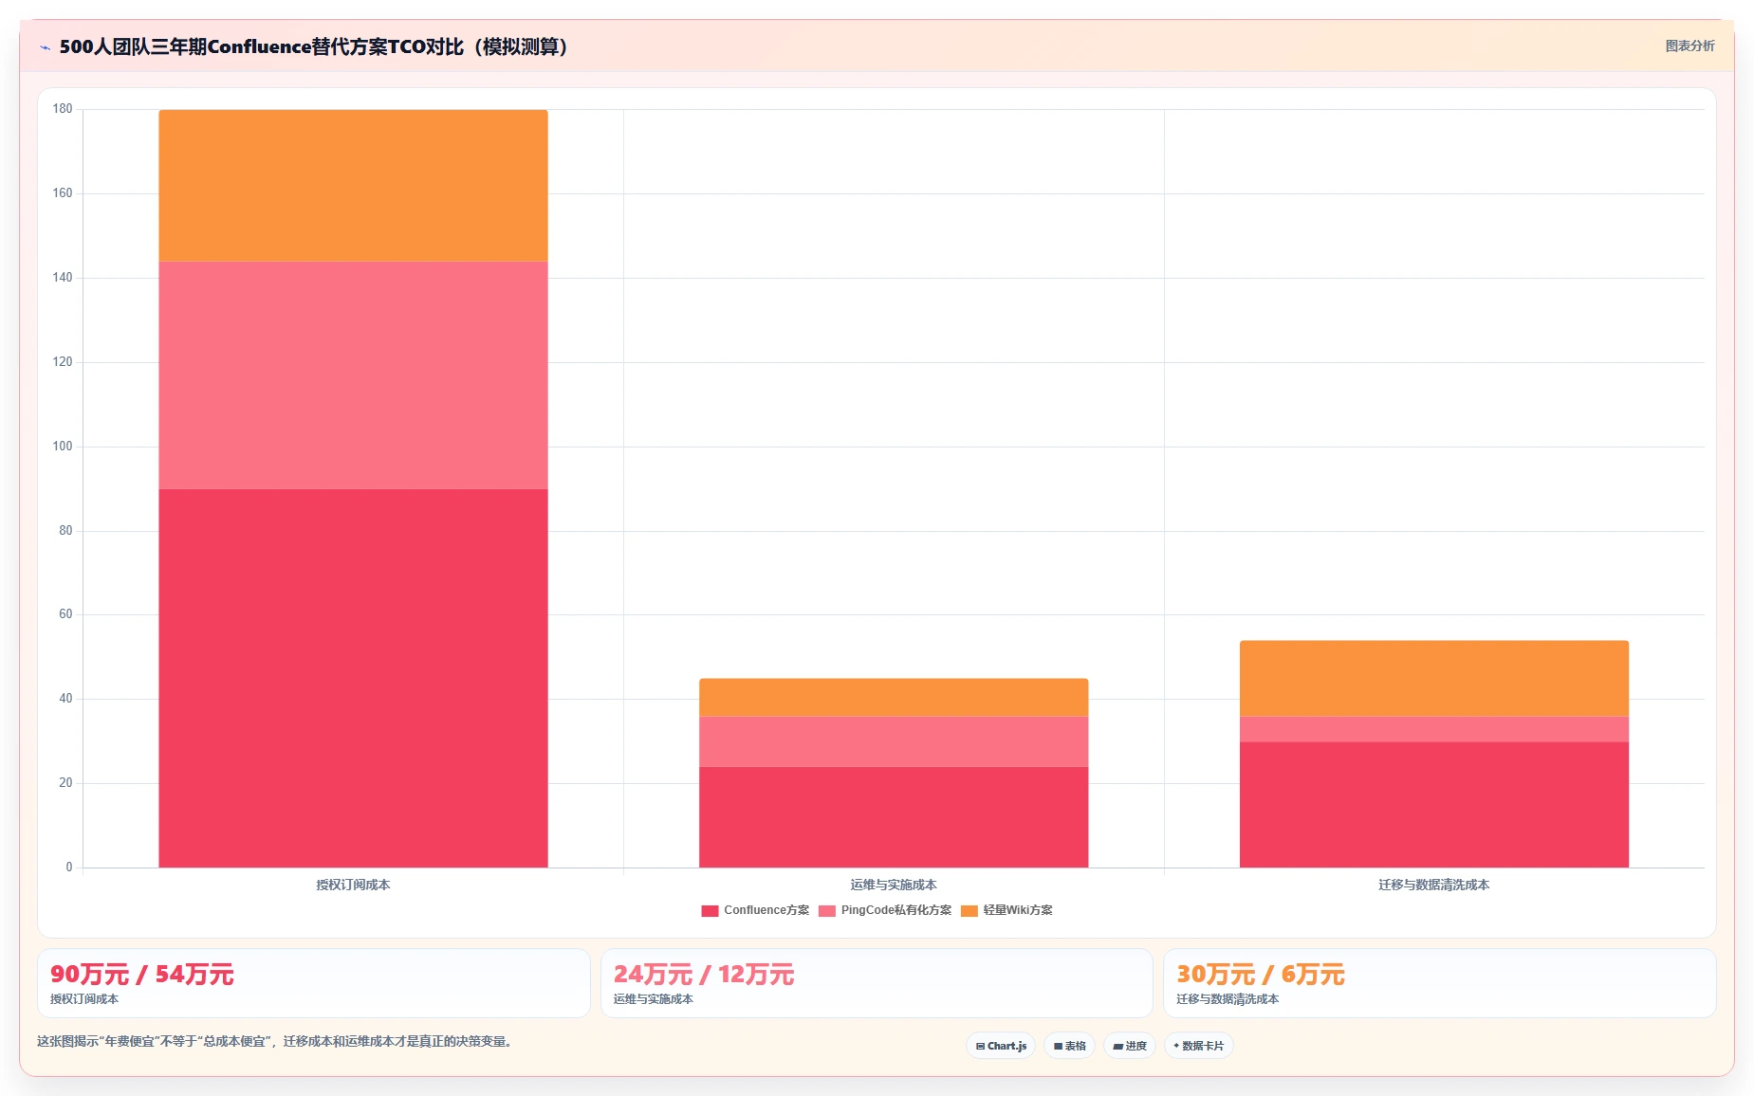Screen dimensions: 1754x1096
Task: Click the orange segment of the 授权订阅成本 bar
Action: coord(353,186)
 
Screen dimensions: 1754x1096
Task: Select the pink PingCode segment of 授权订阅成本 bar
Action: coord(353,375)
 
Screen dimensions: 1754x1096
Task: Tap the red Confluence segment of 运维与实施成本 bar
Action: coord(894,817)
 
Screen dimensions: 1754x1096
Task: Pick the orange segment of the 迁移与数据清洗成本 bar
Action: coord(1434,679)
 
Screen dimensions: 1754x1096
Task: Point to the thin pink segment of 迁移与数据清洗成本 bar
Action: coord(1434,729)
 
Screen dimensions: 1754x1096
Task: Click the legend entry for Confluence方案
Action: coord(755,910)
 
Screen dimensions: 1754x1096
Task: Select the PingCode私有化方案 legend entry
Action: coord(885,910)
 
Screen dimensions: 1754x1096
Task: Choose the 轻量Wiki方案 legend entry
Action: coord(1006,910)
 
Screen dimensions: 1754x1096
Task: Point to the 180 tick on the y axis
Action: coord(63,109)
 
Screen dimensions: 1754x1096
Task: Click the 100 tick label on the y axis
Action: coord(63,447)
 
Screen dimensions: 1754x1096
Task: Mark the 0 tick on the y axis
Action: coord(68,868)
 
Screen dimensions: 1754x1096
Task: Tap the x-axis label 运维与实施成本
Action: coord(894,885)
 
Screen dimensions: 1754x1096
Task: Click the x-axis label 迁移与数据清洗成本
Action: coord(1434,885)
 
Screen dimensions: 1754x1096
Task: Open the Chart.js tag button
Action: coord(1001,1046)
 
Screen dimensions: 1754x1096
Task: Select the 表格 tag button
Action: coord(1070,1046)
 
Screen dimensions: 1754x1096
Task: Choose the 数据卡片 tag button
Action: coord(1198,1046)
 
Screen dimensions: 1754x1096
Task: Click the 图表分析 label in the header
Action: coord(1689,46)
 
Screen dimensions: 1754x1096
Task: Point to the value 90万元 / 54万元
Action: coord(142,975)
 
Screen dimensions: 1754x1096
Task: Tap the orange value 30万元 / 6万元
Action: coord(1261,975)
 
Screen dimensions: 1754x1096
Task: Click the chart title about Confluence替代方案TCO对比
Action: coord(314,46)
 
